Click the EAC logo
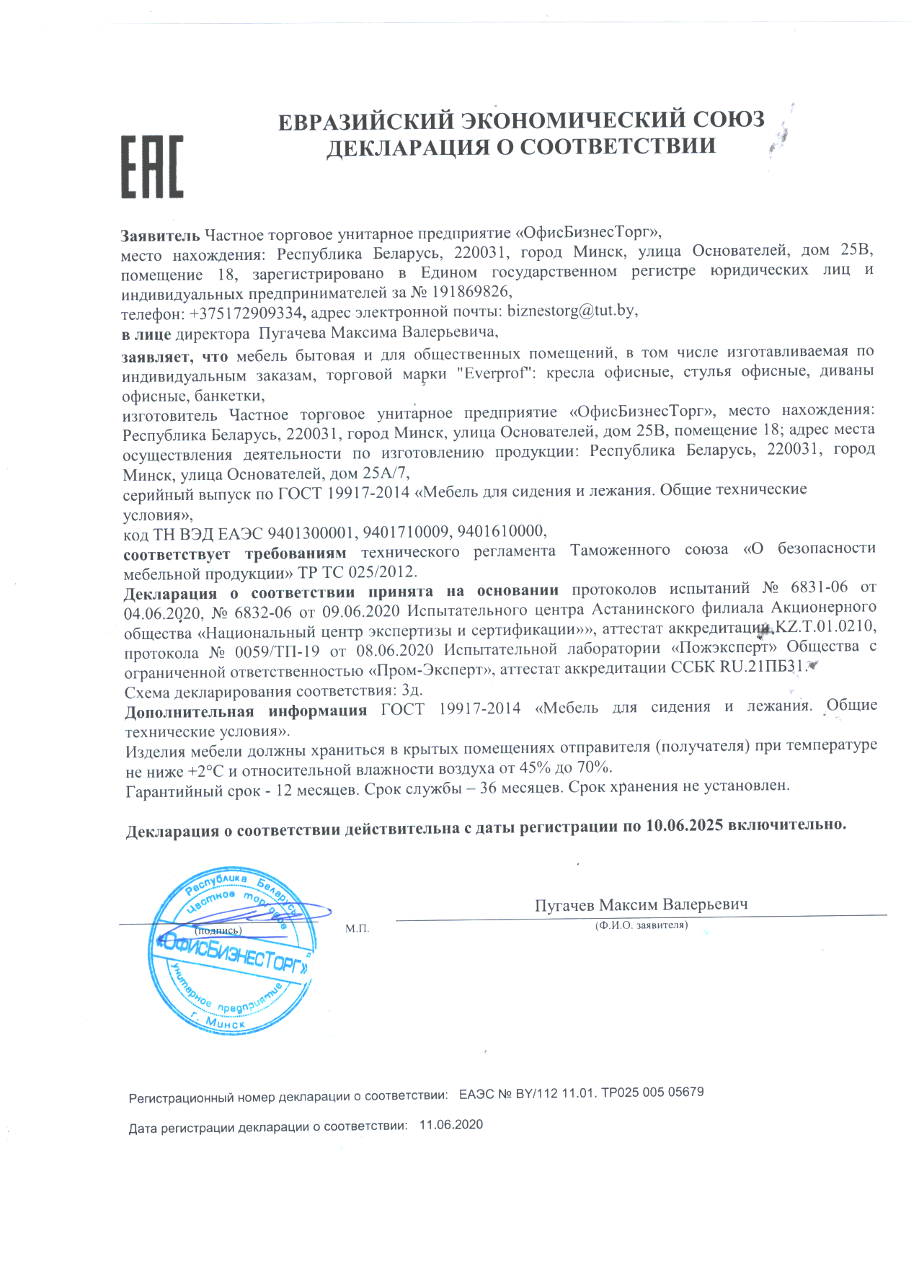[151, 166]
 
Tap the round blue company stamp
[233, 951]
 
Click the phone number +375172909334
[245, 313]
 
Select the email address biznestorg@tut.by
[572, 311]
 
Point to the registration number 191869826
[471, 292]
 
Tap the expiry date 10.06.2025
[684, 826]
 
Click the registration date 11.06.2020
[451, 1125]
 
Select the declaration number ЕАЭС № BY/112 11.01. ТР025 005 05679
[581, 1093]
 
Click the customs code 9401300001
[311, 533]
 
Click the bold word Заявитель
[160, 235]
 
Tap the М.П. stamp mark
[357, 929]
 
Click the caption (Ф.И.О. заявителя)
[641, 925]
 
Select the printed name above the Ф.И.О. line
[641, 905]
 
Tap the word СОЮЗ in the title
[728, 119]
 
